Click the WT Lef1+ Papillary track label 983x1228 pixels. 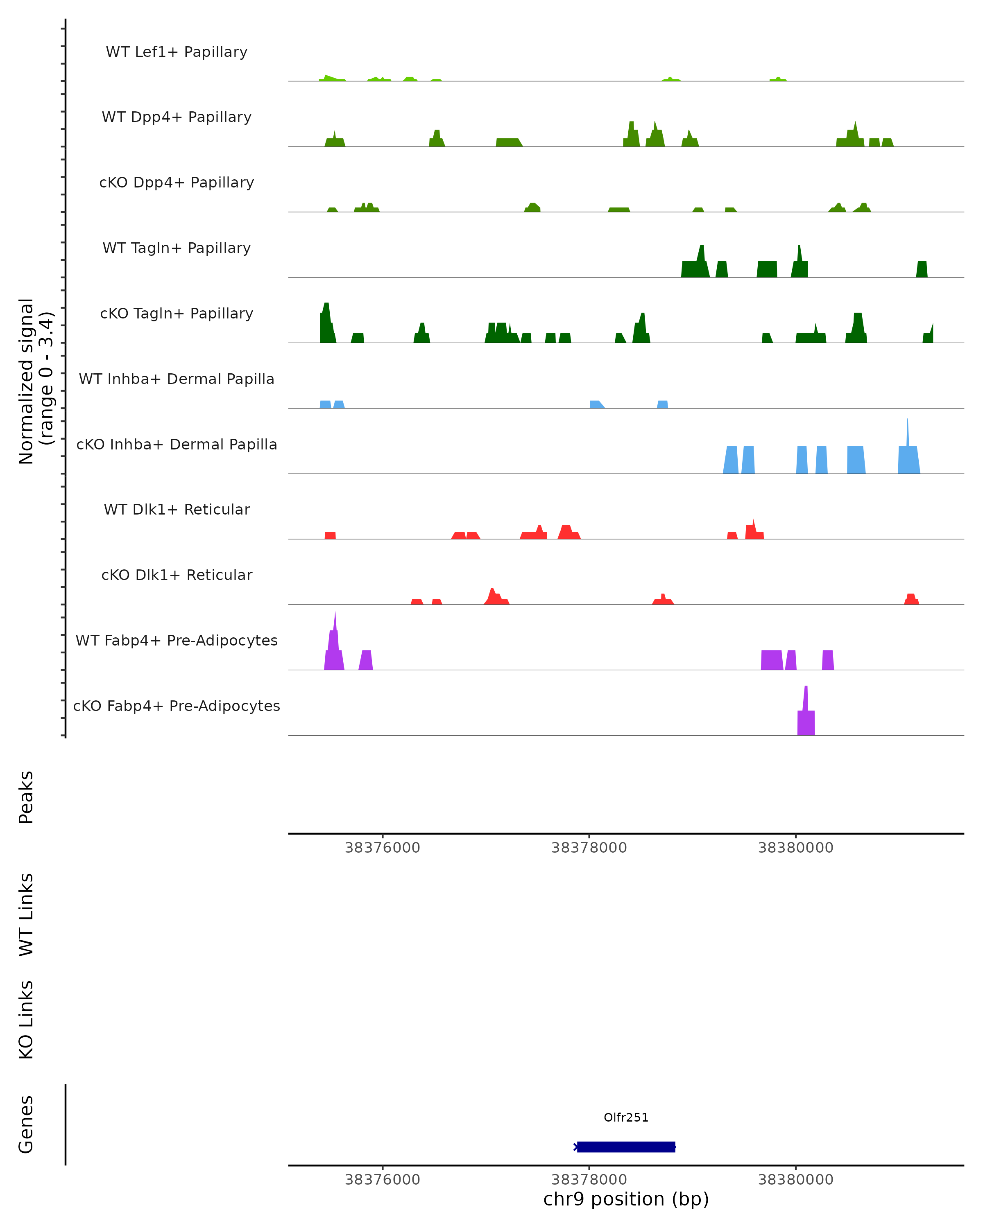[177, 52]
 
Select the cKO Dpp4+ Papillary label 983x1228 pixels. [177, 183]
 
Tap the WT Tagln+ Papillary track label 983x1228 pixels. [177, 248]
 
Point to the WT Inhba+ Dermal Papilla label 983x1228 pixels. [177, 379]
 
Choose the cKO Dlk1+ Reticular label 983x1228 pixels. [177, 575]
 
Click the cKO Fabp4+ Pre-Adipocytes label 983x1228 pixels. [177, 706]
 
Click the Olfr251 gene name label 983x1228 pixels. [626, 1117]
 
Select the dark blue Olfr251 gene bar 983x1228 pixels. [626, 1147]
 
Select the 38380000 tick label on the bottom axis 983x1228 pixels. [795, 1180]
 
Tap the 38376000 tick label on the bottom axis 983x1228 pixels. [383, 1180]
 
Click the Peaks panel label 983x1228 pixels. [26, 797]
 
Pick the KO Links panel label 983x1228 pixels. [26, 1020]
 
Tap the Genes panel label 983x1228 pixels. [26, 1124]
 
